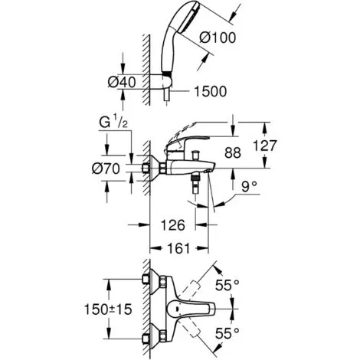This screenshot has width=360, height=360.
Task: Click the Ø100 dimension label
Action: tap(218, 38)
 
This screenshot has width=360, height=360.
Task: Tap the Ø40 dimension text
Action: tap(122, 83)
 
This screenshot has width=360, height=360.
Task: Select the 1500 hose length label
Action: tap(211, 91)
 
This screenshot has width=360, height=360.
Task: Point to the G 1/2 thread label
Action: tap(113, 123)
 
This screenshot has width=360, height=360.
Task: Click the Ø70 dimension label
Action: tap(106, 169)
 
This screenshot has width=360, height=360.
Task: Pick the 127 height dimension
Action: tap(264, 146)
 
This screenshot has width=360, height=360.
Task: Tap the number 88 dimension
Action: tap(233, 153)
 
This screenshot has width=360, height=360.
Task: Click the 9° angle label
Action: tap(250, 187)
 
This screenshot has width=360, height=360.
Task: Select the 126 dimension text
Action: tap(173, 225)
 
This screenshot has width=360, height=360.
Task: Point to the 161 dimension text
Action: tap(178, 248)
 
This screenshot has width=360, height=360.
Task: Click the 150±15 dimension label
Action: tap(108, 309)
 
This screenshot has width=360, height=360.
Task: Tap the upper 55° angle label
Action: tap(227, 285)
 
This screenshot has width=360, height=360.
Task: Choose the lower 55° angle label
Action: tap(227, 332)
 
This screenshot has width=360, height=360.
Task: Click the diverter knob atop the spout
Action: tap(196, 155)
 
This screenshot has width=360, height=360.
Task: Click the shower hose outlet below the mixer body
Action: tap(195, 182)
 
